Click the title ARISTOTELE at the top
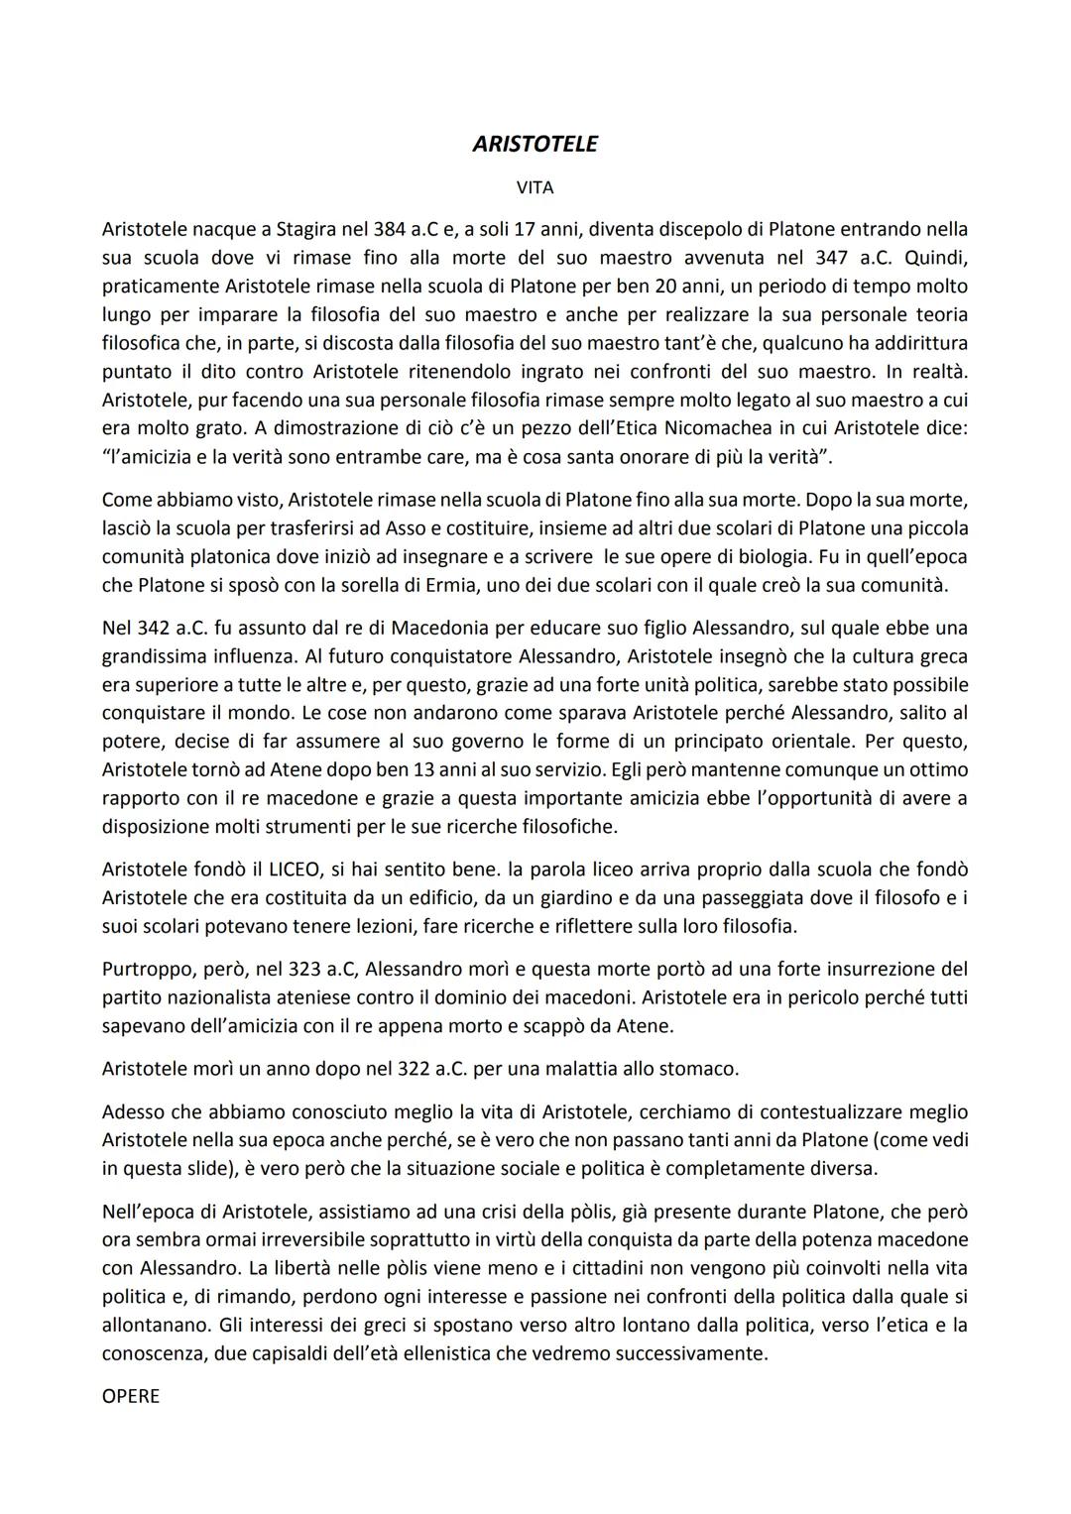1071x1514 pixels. click(535, 144)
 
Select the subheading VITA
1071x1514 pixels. click(535, 187)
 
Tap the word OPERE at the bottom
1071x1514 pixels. click(130, 1396)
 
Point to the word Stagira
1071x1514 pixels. click(293, 230)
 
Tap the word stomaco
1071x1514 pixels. click(702, 1069)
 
